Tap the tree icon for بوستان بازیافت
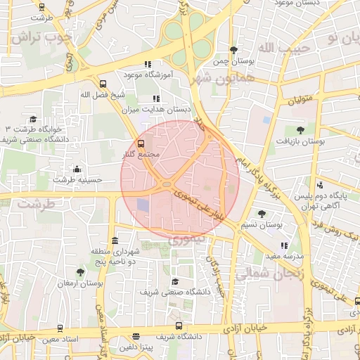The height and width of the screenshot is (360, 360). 301,129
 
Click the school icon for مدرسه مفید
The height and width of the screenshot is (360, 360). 284,245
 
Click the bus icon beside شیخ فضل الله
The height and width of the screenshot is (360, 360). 103,84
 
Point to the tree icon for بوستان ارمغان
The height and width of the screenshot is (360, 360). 80,272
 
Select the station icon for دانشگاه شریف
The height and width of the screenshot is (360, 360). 179,326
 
